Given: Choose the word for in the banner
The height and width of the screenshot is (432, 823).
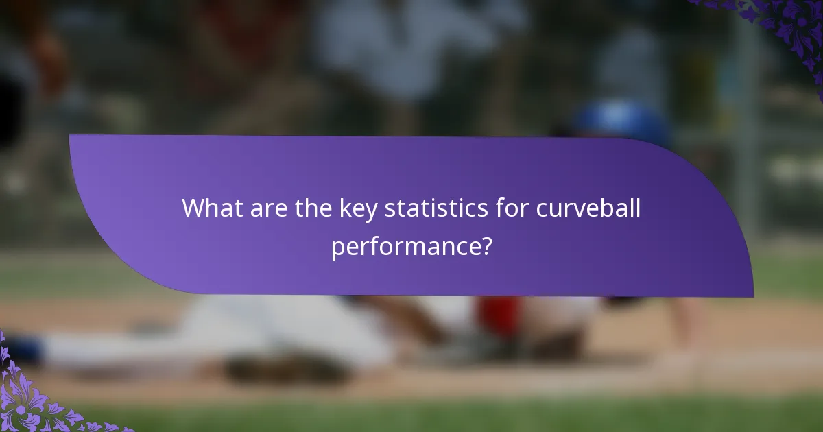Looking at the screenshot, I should [511, 208].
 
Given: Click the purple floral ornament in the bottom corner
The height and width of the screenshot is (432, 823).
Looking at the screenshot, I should [34, 398].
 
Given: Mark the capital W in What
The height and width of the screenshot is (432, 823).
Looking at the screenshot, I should [195, 208].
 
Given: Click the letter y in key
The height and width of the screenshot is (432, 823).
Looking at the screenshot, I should [371, 211].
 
